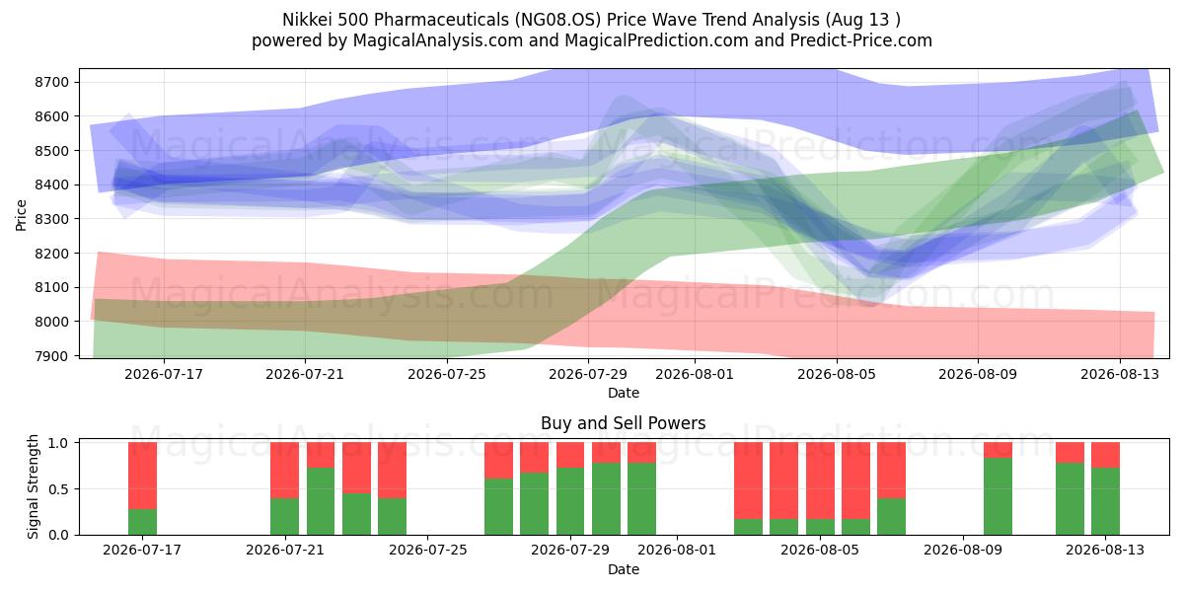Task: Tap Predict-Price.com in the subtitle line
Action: [x=861, y=40]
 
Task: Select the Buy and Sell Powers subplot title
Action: [x=624, y=423]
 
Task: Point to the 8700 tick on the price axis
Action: [x=52, y=82]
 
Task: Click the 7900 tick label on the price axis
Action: [x=52, y=356]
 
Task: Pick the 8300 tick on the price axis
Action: [x=52, y=219]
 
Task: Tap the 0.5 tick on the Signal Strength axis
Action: [x=58, y=489]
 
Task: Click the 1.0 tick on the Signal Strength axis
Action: [x=58, y=442]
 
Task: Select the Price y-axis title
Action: [x=21, y=215]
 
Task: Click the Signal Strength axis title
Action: [x=33, y=486]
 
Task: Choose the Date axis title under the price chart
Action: [x=624, y=393]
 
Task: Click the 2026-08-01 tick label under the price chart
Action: [x=695, y=374]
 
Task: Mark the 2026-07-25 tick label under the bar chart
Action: [x=428, y=550]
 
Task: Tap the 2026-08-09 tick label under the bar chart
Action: [x=963, y=550]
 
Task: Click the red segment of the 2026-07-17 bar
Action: [x=143, y=476]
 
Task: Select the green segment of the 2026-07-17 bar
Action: [x=143, y=522]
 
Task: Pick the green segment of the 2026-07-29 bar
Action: [x=570, y=501]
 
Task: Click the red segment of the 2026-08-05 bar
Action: [x=820, y=481]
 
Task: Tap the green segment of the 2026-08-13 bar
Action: [x=1105, y=501]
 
